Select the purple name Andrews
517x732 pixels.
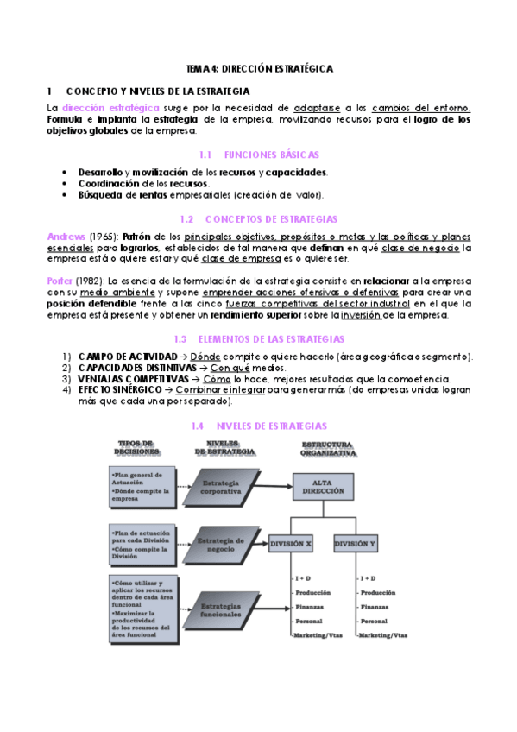point(66,236)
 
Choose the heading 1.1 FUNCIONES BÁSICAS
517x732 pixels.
point(258,155)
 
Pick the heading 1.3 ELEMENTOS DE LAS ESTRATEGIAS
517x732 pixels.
point(259,339)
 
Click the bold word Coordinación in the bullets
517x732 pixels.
point(109,184)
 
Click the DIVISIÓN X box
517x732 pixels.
point(292,545)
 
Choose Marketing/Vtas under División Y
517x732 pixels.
point(383,635)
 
